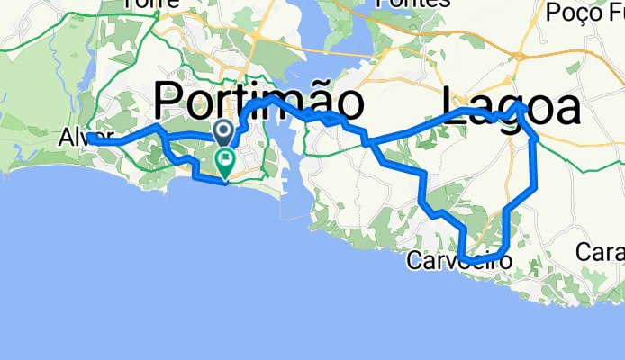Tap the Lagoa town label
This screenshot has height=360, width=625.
pyautogui.click(x=510, y=107)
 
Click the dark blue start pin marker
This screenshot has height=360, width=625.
pyautogui.click(x=224, y=133)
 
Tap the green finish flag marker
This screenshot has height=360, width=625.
pyautogui.click(x=224, y=163)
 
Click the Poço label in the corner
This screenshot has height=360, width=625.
pyautogui.click(x=584, y=13)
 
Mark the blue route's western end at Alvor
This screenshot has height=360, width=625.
pyautogui.click(x=89, y=138)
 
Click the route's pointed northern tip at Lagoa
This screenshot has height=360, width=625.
pyautogui.click(x=520, y=104)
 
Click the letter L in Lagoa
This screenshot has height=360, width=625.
pyautogui.click(x=452, y=107)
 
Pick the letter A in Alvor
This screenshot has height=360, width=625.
pyautogui.click(x=64, y=139)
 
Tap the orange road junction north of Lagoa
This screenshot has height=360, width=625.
pyautogui.click(x=519, y=58)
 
